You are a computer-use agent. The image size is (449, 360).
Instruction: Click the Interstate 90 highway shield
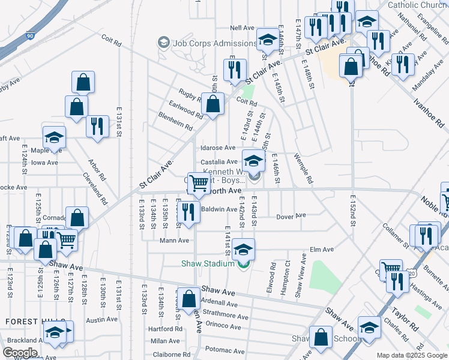pos(30,37)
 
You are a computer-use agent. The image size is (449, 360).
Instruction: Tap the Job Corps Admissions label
pos(214,43)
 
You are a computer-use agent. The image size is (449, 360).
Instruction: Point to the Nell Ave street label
pos(242,28)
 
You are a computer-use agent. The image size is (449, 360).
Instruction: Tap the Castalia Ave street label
pos(218,162)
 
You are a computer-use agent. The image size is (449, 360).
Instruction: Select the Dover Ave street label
pos(291,215)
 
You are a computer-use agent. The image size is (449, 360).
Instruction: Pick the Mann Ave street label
pos(174,241)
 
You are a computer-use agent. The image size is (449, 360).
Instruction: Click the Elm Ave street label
pos(321,250)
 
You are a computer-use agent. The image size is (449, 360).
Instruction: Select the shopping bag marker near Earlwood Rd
pos(212,104)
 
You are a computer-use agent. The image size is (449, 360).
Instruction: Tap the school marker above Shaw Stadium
pos(243,249)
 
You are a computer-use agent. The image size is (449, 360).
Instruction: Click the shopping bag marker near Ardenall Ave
pos(188,298)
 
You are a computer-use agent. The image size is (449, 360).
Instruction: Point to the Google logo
pos(20,353)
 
